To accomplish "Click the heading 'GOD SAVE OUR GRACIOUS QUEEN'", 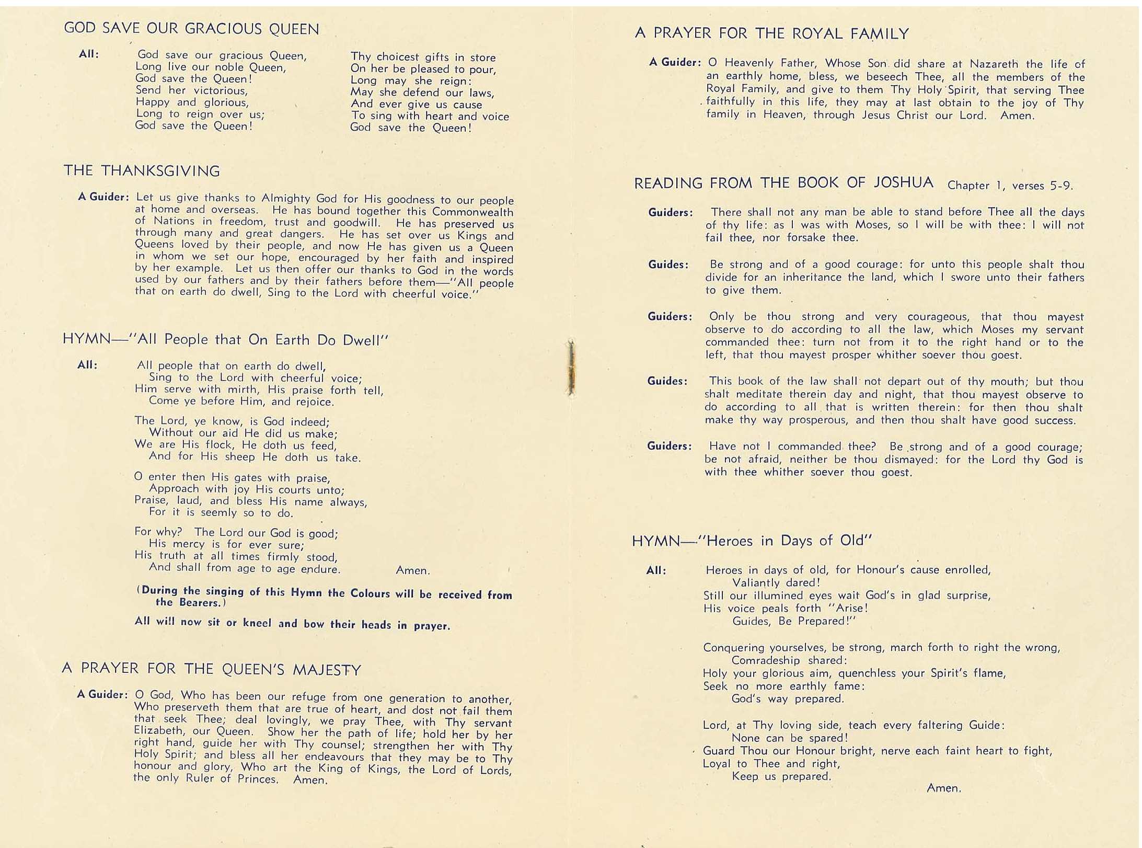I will [x=191, y=29].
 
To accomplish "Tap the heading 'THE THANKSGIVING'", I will [x=142, y=171].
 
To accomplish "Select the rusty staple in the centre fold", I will [x=571, y=368].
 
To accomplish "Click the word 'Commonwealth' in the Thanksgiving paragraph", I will [x=472, y=212].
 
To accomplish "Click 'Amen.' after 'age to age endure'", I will [x=413, y=570].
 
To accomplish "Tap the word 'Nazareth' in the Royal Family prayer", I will [x=994, y=64].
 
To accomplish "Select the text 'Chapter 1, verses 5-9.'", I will [x=1010, y=186].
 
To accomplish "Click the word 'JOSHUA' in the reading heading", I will [x=903, y=182].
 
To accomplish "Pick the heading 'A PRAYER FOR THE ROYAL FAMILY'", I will [x=771, y=33].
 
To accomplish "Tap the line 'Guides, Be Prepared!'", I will [x=794, y=621].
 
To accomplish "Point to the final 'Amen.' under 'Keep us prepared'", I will [x=943, y=788].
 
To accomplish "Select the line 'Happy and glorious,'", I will [x=192, y=102].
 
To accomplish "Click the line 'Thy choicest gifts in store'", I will [x=423, y=57].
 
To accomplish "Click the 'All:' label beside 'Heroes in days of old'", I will [x=656, y=570].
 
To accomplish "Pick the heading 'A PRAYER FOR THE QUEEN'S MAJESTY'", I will [x=211, y=669].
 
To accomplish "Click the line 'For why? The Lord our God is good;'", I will [x=236, y=532].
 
